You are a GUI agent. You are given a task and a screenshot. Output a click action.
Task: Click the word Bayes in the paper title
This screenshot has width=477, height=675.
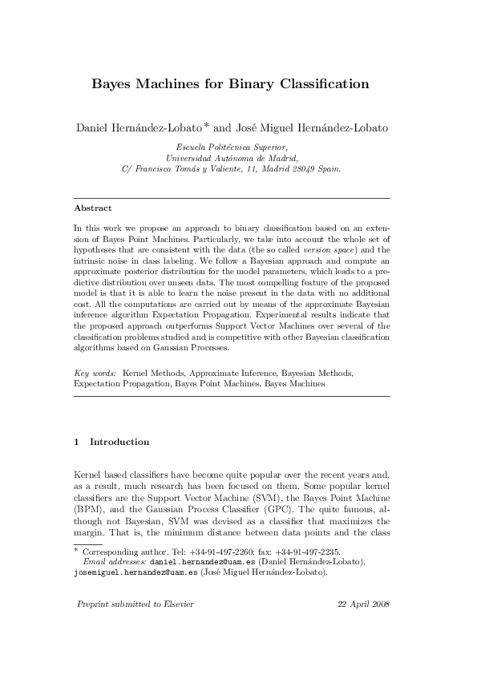(113, 83)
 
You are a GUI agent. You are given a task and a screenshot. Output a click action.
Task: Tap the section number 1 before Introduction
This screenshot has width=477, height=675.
(76, 442)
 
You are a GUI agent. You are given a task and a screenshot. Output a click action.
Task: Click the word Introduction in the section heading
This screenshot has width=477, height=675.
(119, 442)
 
